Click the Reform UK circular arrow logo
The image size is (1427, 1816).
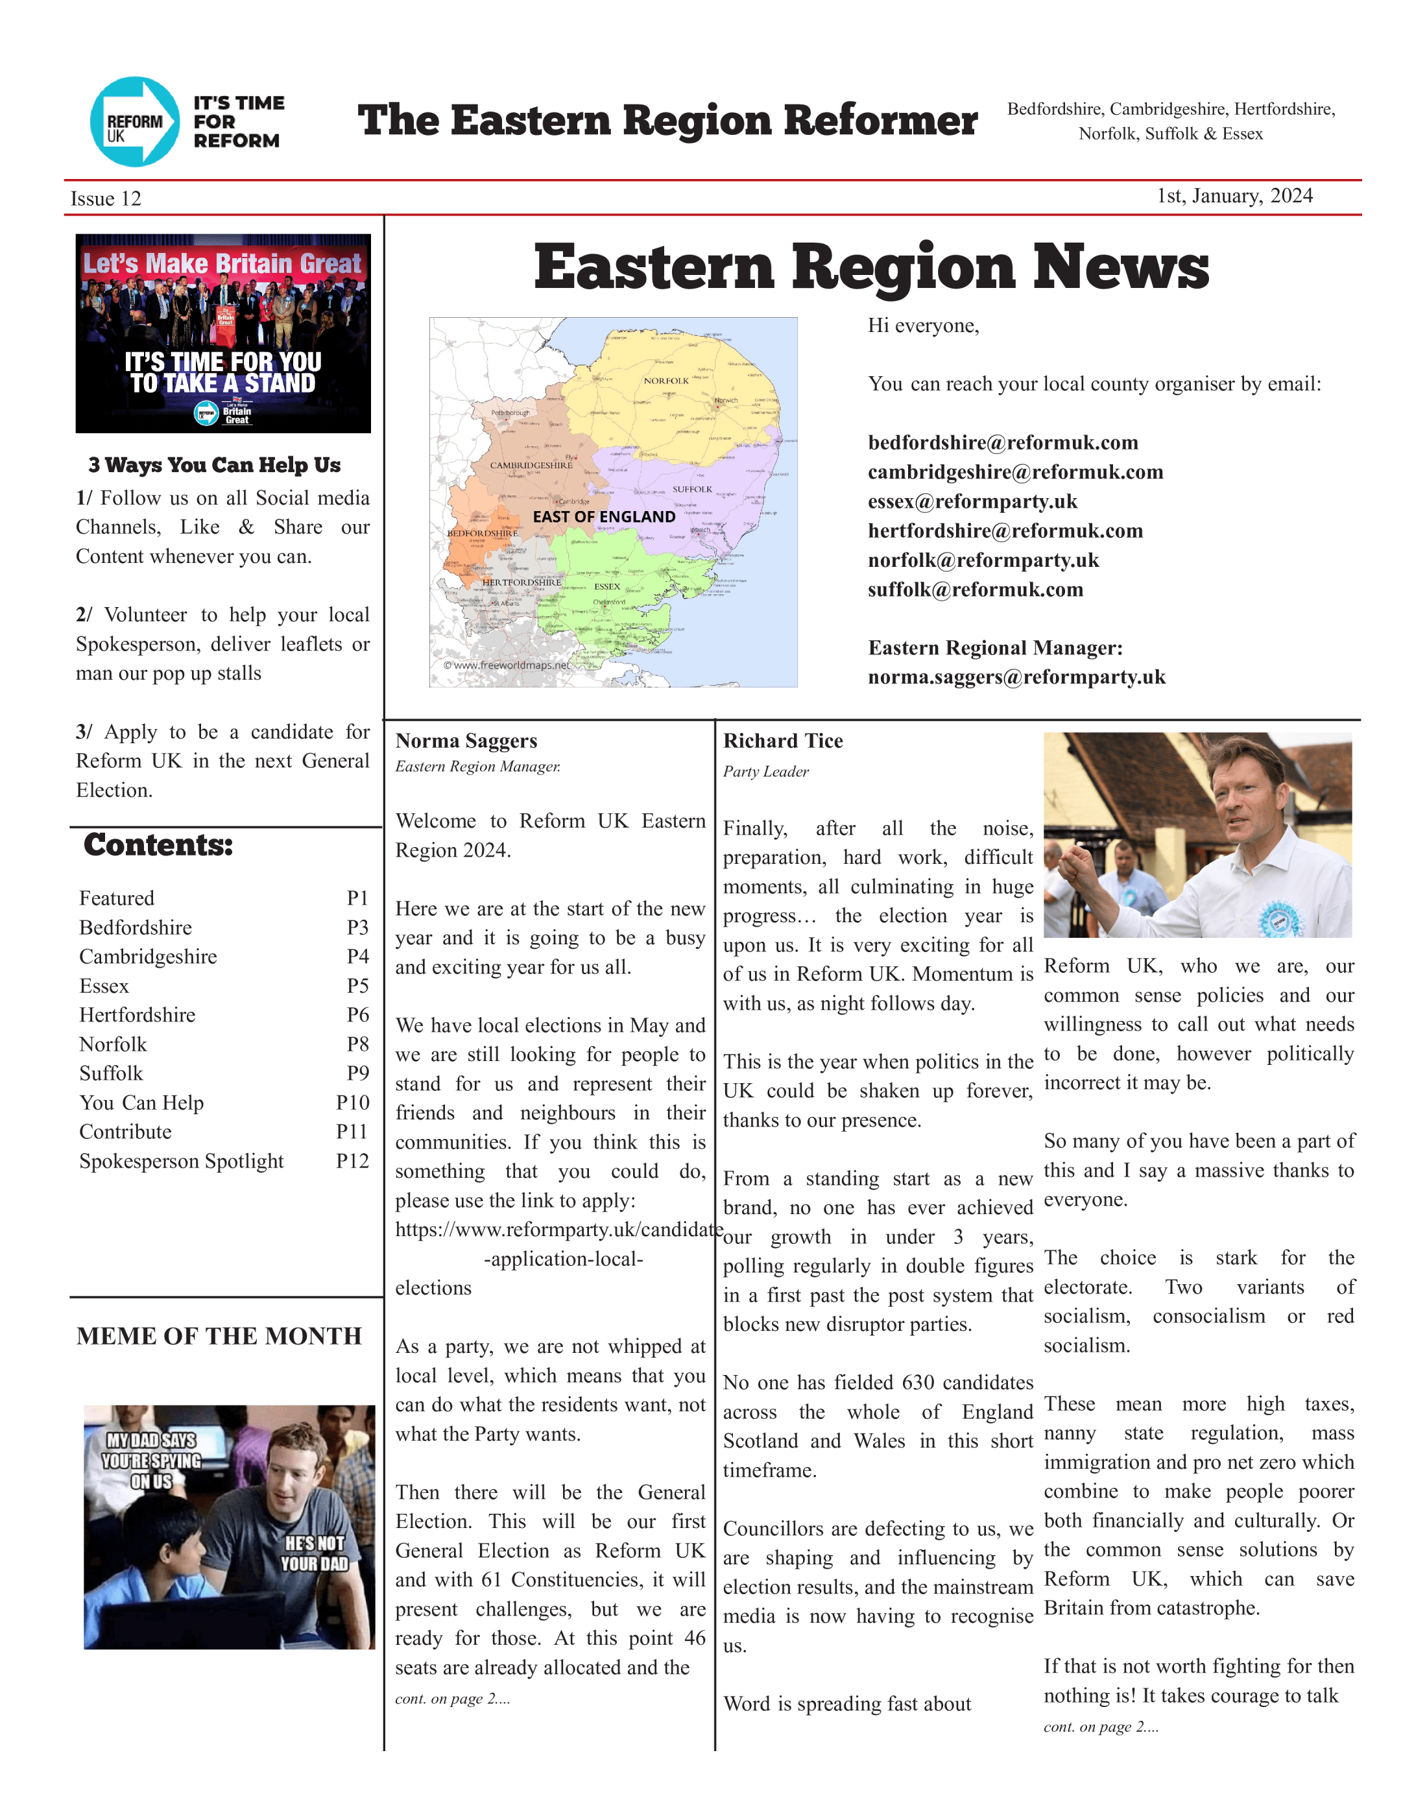coord(134,122)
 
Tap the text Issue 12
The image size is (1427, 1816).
coord(106,199)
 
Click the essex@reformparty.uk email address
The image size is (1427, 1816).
coord(972,501)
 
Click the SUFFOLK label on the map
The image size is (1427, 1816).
coord(692,490)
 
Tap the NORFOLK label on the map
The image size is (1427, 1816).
coord(666,381)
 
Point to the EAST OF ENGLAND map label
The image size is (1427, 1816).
coord(603,517)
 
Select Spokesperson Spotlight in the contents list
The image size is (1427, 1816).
coord(182,1161)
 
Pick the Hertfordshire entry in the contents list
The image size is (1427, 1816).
coord(137,1015)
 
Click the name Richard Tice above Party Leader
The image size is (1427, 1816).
coord(783,741)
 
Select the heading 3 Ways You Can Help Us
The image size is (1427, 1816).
coord(215,465)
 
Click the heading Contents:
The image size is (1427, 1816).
coord(158,845)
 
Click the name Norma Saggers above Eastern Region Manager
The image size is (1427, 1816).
coord(466,741)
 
